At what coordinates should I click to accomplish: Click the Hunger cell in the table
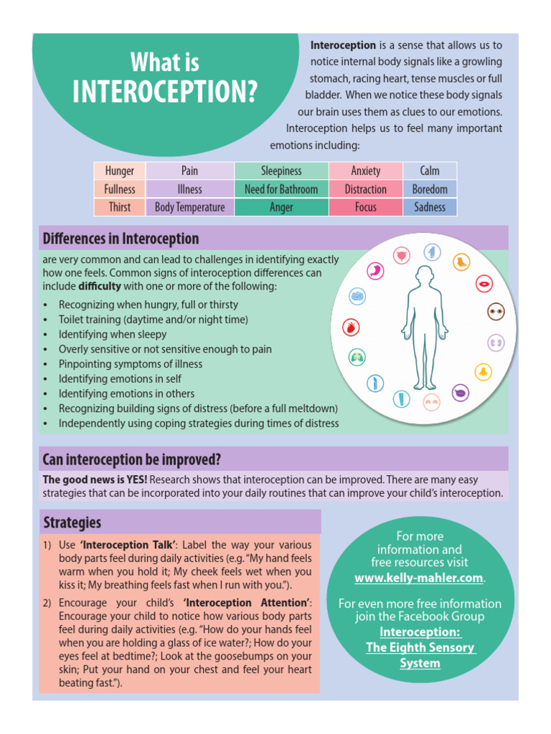(x=120, y=171)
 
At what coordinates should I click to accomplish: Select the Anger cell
(x=281, y=207)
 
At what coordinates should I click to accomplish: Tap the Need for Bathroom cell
(x=281, y=189)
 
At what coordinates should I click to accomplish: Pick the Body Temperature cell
(x=189, y=207)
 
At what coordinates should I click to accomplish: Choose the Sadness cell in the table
(x=430, y=207)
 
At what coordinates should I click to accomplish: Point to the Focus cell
(x=365, y=207)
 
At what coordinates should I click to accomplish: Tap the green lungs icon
(x=357, y=356)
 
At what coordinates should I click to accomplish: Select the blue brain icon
(x=357, y=295)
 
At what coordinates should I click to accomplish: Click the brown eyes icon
(x=496, y=311)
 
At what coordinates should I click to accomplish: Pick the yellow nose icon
(x=483, y=371)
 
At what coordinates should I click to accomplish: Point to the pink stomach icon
(x=375, y=270)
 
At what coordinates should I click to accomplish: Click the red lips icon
(x=485, y=284)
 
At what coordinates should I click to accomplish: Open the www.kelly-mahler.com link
(x=419, y=578)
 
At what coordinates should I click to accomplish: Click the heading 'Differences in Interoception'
(x=121, y=238)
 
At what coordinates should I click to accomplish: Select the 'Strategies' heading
(x=72, y=522)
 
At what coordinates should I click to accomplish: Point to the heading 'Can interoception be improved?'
(x=132, y=459)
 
